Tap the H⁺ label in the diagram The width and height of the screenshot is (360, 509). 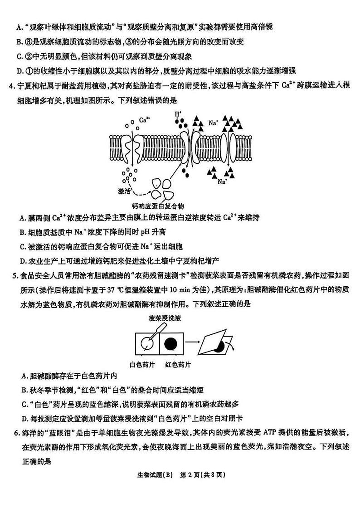coord(178,114)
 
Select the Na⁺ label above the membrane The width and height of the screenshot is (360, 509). coord(213,122)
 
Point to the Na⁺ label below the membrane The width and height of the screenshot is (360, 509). coord(222,181)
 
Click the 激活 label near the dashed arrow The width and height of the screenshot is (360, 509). coord(124,191)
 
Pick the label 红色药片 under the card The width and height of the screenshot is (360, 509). coord(178,364)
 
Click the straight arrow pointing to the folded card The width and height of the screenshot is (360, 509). coord(194,345)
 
